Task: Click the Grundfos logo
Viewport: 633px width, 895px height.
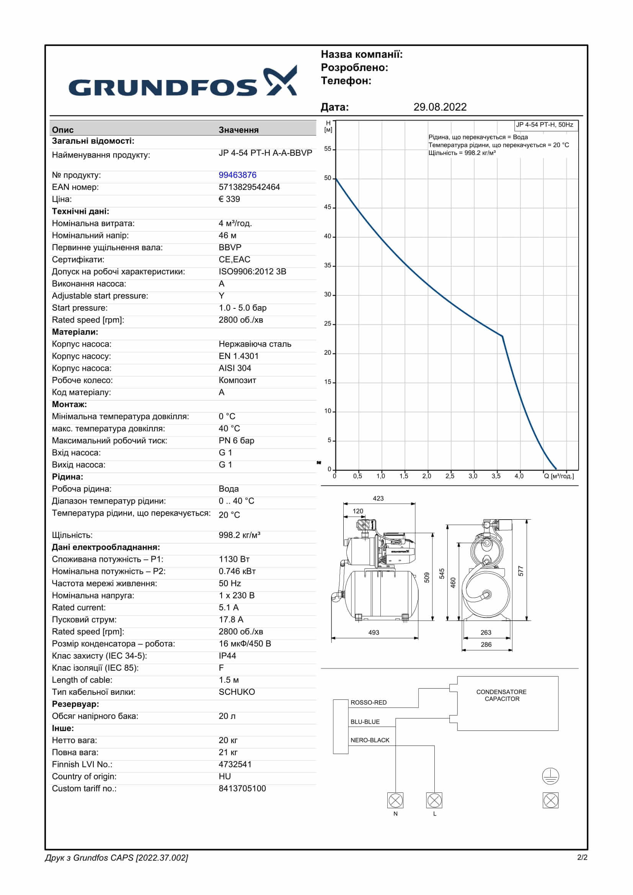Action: click(x=183, y=83)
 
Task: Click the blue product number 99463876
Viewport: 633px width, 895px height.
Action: click(x=237, y=175)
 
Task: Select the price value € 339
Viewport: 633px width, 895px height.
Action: click(x=229, y=199)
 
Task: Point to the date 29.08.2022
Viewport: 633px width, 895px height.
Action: click(x=440, y=107)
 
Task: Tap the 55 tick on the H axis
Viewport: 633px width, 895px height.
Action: click(x=328, y=149)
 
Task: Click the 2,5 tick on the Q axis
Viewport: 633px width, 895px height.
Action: click(x=450, y=476)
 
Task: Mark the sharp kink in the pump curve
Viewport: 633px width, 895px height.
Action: click(x=502, y=336)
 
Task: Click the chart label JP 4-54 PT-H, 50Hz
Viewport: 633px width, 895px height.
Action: click(x=544, y=125)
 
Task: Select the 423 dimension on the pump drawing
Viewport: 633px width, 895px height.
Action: click(x=378, y=499)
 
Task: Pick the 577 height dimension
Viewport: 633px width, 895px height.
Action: click(x=521, y=571)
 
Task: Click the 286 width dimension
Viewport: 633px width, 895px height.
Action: click(x=486, y=645)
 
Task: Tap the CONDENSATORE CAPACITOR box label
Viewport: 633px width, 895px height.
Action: click(x=502, y=695)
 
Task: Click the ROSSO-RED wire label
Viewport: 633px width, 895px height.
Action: click(x=368, y=703)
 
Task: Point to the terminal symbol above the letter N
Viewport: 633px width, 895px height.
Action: click(x=395, y=800)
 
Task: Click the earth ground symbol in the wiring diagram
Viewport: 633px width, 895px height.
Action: click(x=550, y=776)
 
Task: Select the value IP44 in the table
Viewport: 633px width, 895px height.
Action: click(x=227, y=656)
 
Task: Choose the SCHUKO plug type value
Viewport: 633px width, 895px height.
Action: click(x=237, y=692)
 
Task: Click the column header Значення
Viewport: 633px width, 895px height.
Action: click(x=238, y=130)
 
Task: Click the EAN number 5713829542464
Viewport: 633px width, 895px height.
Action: click(x=249, y=187)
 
